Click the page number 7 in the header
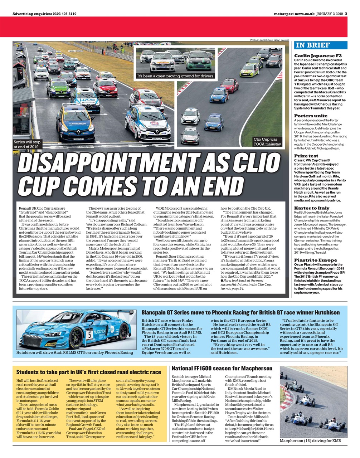click(346, 14)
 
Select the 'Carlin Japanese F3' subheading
click(318, 56)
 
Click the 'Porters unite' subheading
click(311, 116)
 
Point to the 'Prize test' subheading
click(306, 156)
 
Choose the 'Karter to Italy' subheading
click(312, 208)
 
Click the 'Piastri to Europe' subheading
click(315, 260)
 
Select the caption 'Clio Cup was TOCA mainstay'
click(267, 142)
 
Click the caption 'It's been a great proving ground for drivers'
click(175, 76)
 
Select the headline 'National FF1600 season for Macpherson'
click(222, 369)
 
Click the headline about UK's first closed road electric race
click(89, 372)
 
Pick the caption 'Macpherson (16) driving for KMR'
click(310, 440)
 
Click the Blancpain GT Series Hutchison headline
click(240, 313)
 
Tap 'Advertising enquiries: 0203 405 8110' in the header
click(44, 14)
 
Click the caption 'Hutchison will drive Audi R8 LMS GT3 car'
click(75, 352)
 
